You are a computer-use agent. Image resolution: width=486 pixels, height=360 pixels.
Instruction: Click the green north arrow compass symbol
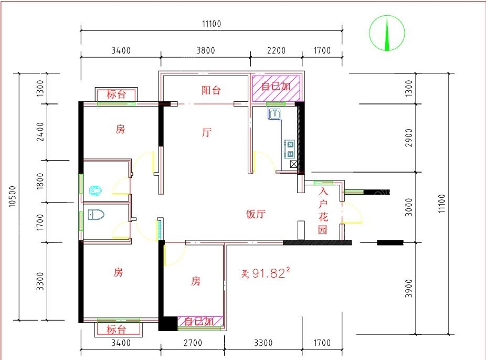(x=387, y=33)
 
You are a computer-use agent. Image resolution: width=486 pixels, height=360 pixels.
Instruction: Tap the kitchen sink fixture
(x=274, y=114)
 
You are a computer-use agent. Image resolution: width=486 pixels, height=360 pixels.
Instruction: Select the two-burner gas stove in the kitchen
(x=290, y=149)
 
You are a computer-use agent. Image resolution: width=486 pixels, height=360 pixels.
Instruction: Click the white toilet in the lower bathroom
(x=96, y=215)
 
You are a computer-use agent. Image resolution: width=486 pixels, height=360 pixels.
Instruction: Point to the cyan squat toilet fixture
(x=96, y=190)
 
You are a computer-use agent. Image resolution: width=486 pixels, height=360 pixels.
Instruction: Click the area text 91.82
(x=268, y=273)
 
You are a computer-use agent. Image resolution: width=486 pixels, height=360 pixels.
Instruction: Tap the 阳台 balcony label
(x=211, y=90)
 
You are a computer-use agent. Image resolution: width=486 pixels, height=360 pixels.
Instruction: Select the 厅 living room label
(x=207, y=132)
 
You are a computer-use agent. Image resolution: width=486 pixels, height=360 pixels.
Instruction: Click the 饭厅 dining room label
(x=256, y=214)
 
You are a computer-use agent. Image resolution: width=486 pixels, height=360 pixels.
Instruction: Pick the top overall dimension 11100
(x=212, y=24)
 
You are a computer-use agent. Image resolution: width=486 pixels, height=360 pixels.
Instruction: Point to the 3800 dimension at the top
(x=206, y=50)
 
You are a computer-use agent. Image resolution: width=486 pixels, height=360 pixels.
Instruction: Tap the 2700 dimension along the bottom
(x=193, y=343)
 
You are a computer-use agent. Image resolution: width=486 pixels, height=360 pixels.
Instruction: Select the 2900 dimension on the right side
(x=409, y=137)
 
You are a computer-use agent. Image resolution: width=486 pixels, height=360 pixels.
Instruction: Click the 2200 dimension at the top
(x=276, y=50)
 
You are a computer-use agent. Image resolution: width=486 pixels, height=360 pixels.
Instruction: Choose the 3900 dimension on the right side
(x=409, y=289)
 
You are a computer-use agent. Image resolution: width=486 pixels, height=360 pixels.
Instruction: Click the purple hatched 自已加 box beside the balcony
(x=276, y=88)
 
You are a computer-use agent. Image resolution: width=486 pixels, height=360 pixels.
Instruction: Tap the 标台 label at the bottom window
(x=116, y=329)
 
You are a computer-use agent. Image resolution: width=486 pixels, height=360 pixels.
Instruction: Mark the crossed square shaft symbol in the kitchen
(x=293, y=164)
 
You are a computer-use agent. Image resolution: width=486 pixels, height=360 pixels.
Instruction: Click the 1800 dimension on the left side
(x=40, y=181)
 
